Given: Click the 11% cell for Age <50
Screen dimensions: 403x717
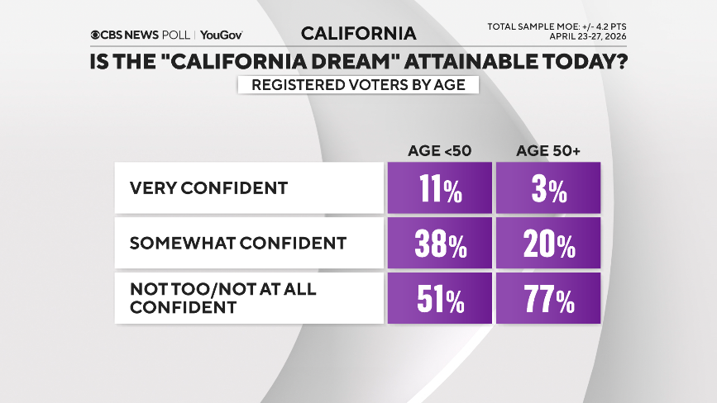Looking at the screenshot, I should [x=439, y=189].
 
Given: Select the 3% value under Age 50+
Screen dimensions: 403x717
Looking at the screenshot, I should [x=547, y=189].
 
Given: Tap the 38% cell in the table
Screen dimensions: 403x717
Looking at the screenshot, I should [x=439, y=244].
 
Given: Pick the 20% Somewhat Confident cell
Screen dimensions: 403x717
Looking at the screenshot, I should [x=547, y=244].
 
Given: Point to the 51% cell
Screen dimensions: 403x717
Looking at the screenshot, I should [x=439, y=299].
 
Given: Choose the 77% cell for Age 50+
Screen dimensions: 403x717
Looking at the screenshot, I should [x=547, y=299].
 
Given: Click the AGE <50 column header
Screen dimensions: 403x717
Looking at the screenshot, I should [x=439, y=150].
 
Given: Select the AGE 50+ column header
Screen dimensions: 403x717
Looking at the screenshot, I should [x=547, y=150].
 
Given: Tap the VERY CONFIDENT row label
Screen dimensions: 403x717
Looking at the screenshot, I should [x=208, y=188].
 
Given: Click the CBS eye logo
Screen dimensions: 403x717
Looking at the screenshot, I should [x=96, y=35].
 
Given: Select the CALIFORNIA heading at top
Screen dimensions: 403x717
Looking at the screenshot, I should [x=358, y=34].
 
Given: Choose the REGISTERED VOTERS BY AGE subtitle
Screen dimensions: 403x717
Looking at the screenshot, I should [x=358, y=85].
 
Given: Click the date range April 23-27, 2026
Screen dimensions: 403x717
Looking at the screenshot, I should [x=584, y=37].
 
